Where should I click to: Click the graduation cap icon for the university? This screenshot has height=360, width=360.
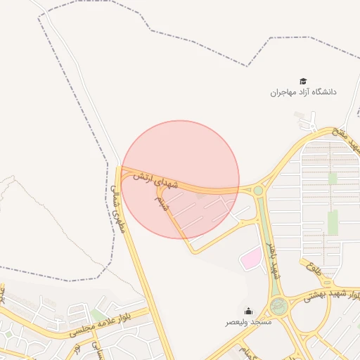(x=303, y=82)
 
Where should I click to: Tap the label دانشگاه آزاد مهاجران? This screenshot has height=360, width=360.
(x=304, y=92)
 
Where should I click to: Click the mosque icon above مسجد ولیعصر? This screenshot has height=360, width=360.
(x=247, y=311)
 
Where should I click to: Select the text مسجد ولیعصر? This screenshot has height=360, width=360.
(x=247, y=321)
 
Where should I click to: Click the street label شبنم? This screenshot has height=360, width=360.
(x=162, y=203)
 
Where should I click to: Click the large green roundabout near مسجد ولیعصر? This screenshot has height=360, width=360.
(x=278, y=307)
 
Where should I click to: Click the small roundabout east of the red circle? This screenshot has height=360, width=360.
(x=258, y=190)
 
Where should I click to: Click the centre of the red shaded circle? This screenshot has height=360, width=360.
(x=181, y=179)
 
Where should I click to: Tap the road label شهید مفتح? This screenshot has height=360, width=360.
(x=347, y=140)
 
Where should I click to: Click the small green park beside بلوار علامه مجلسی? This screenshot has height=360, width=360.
(x=97, y=314)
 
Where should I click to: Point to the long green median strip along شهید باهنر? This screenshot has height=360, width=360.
(x=264, y=232)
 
